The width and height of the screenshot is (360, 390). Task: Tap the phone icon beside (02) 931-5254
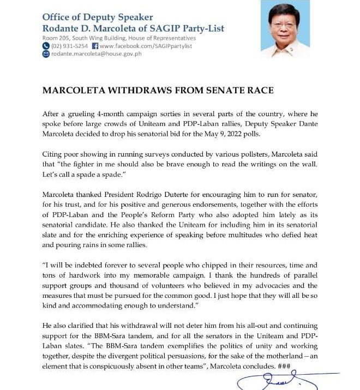[46, 46]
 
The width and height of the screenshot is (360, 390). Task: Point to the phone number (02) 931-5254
[69, 46]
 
